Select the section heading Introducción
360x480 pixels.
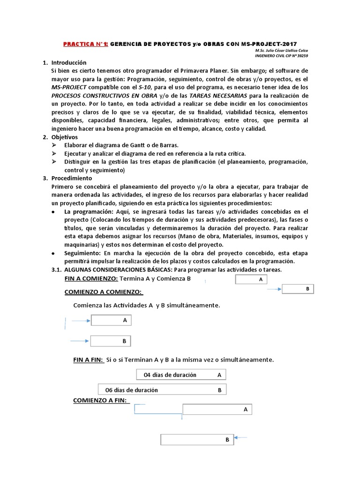coord(69,62)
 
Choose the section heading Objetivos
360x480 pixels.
coord(65,137)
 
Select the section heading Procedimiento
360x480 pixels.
coord(72,178)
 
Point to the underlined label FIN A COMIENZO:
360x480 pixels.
coord(91,278)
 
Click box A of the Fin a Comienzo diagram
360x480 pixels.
coord(251,280)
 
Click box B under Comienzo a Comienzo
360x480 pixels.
coord(111,341)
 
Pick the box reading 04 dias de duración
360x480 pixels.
coord(181,375)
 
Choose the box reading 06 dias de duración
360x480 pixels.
coord(162,390)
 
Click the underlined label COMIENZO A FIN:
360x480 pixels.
coord(102,400)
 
